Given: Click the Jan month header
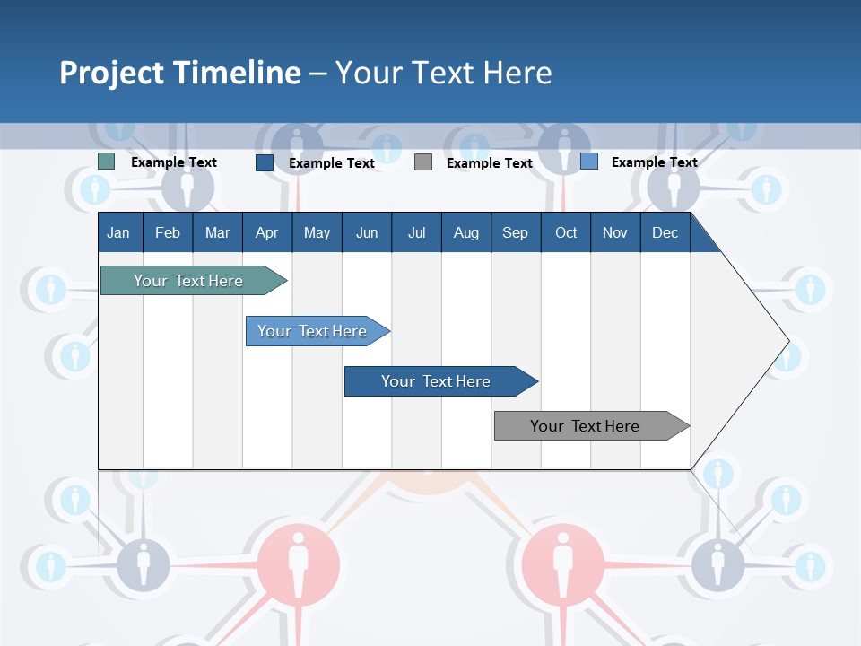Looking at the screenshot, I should click(118, 232).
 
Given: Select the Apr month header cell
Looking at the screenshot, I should click(266, 232).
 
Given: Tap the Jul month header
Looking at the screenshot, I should click(416, 232).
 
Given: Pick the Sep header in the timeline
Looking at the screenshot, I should click(515, 232).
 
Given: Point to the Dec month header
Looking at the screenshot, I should click(665, 232).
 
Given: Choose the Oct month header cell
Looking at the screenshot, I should click(565, 232).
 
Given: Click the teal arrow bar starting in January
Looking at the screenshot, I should click(188, 281).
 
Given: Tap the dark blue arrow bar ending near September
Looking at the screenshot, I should click(436, 381).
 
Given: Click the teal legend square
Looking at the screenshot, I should click(107, 161).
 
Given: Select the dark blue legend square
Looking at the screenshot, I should click(265, 162).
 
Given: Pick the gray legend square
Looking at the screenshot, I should click(423, 162).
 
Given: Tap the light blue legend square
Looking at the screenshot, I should click(589, 161).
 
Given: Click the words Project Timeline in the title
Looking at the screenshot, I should click(179, 73).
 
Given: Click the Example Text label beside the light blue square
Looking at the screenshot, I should click(654, 162).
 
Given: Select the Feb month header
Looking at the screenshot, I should click(168, 232).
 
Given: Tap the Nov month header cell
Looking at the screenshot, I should click(615, 232).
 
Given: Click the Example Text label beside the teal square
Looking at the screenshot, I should click(174, 162).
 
